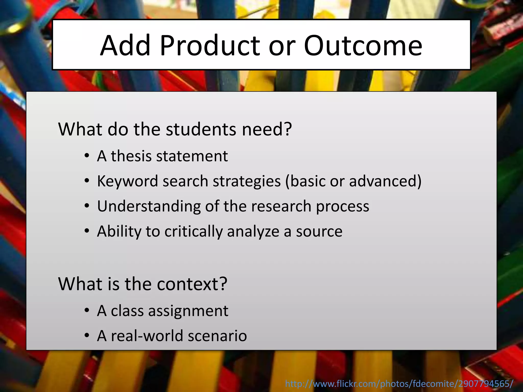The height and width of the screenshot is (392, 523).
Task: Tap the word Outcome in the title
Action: pos(363,46)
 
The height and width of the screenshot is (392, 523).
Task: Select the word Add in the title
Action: pos(125,46)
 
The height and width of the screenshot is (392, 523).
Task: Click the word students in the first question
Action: pos(201,129)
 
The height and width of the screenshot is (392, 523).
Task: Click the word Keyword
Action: pos(128,181)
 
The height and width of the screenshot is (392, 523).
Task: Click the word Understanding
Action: pos(149,206)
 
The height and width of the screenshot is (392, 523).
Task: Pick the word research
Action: pos(281,206)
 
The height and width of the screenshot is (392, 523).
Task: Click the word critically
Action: pos(194,231)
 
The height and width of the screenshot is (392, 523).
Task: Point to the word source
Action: pos(319,231)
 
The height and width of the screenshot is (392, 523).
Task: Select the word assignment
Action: pos(188,311)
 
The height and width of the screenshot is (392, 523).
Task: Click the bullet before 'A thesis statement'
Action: pos(87,156)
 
